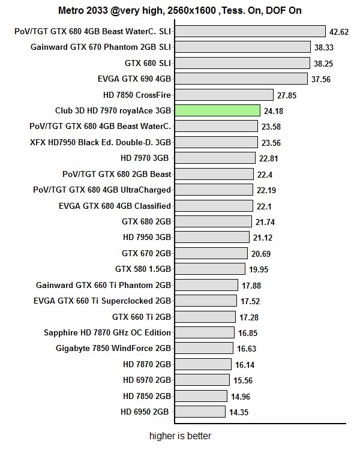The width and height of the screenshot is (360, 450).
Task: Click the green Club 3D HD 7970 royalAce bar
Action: click(217, 110)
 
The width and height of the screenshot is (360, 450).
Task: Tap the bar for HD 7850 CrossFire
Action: click(224, 95)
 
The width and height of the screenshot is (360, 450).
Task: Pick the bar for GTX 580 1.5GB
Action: click(209, 269)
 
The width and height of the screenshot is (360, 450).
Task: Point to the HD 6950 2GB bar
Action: click(200, 412)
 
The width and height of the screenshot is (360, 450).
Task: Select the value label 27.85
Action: click(287, 95)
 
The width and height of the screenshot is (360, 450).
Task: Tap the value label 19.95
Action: click(257, 269)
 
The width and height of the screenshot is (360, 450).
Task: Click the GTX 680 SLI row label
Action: click(148, 63)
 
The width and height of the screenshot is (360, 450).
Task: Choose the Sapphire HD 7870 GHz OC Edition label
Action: click(107, 332)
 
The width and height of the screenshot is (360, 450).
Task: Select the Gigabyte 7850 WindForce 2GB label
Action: click(113, 348)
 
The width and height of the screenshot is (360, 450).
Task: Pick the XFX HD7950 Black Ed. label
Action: click(100, 142)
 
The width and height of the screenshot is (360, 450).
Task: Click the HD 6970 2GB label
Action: click(146, 380)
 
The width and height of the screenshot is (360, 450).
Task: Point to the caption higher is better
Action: click(180, 436)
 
